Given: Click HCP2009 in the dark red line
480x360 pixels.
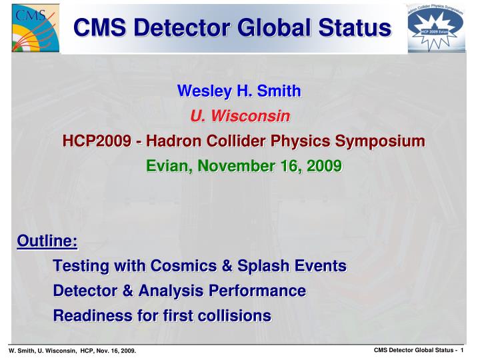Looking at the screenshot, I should [91, 141].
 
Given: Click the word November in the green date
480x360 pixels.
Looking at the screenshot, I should [234, 166].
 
